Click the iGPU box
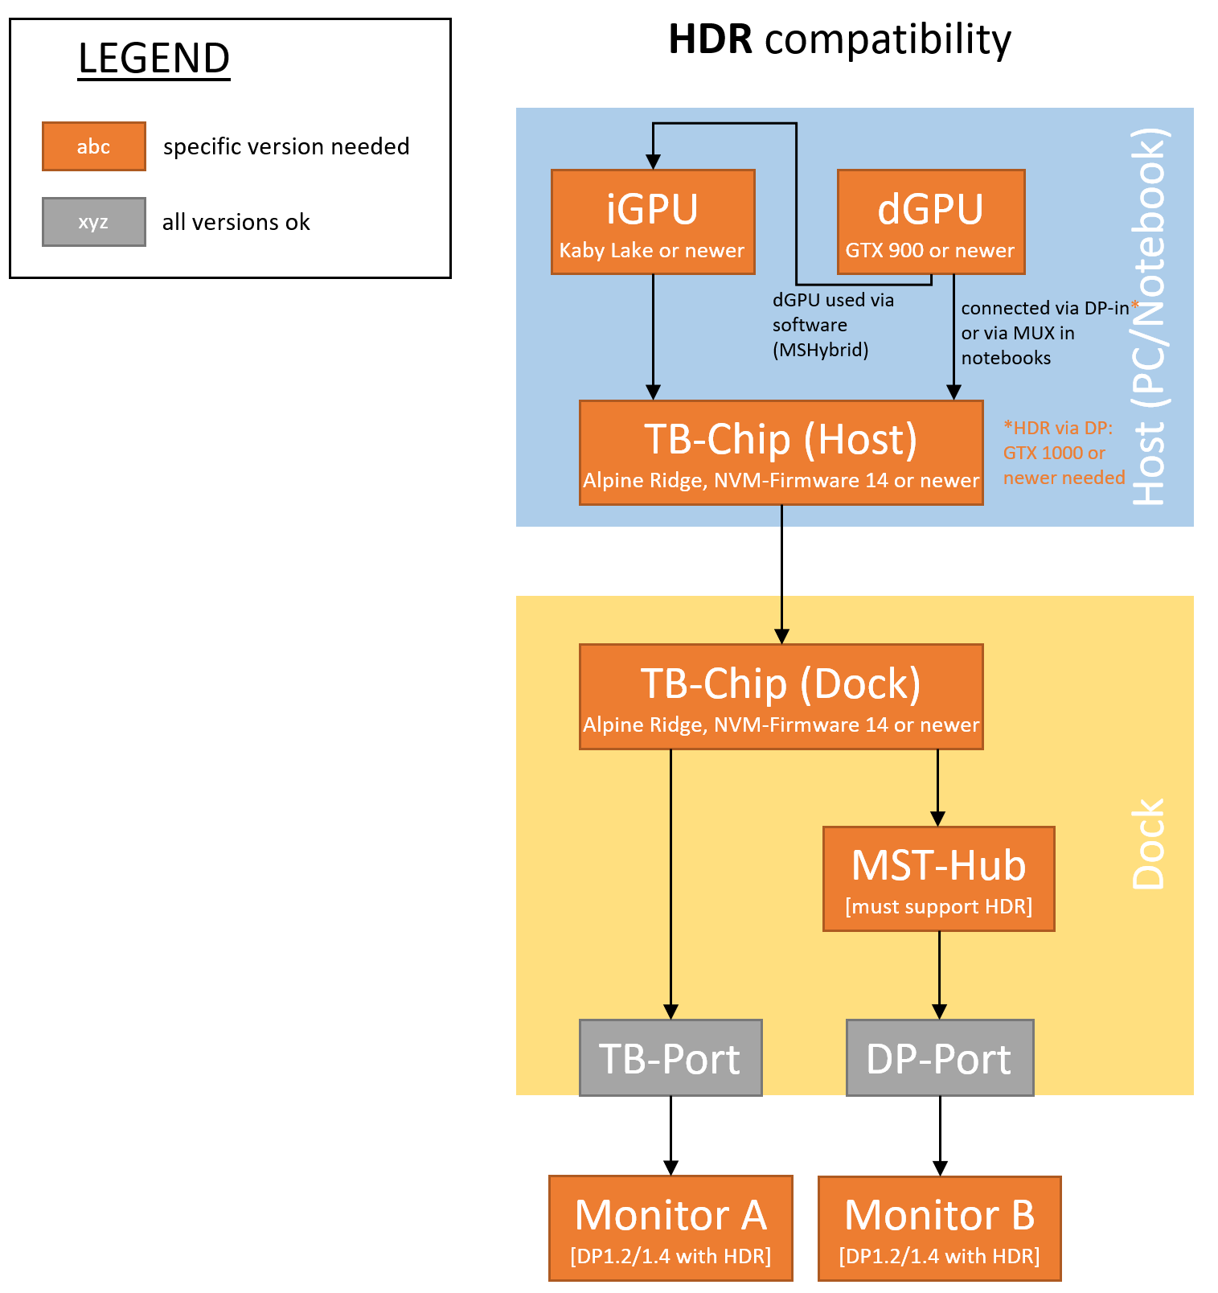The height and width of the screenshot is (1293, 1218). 653,222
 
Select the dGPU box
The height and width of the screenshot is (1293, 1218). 931,222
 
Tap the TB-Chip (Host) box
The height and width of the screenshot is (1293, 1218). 781,453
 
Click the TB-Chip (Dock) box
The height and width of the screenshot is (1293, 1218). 781,696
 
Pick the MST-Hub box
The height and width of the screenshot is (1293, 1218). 938,879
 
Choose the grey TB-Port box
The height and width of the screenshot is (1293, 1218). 671,1057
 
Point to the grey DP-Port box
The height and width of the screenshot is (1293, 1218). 939,1057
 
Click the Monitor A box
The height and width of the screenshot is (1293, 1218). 671,1228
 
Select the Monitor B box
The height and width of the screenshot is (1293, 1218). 939,1228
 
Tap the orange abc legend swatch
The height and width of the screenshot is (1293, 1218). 94,146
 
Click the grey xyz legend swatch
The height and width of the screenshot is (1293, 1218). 94,222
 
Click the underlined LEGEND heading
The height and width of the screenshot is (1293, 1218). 154,59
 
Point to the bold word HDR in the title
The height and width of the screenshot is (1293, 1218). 710,39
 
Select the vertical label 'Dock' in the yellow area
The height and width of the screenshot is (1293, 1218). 1148,844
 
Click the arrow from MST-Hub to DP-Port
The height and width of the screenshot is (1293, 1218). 939,975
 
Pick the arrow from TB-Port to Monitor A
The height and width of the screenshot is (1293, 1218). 671,1135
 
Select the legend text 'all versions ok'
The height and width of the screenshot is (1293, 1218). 236,222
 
